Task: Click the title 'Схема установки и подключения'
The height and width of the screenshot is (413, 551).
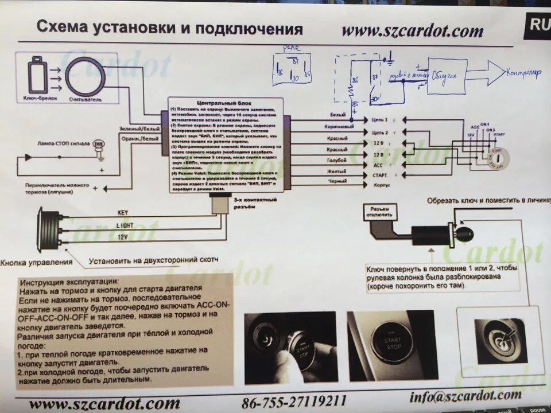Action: (169, 28)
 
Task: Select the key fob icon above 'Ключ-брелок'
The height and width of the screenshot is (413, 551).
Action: (36, 74)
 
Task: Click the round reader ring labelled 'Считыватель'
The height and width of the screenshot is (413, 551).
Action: (85, 76)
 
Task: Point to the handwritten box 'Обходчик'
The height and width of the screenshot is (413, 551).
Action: (447, 76)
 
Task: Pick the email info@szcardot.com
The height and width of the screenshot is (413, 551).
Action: (465, 395)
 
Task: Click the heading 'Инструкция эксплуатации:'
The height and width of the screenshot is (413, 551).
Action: (69, 282)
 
